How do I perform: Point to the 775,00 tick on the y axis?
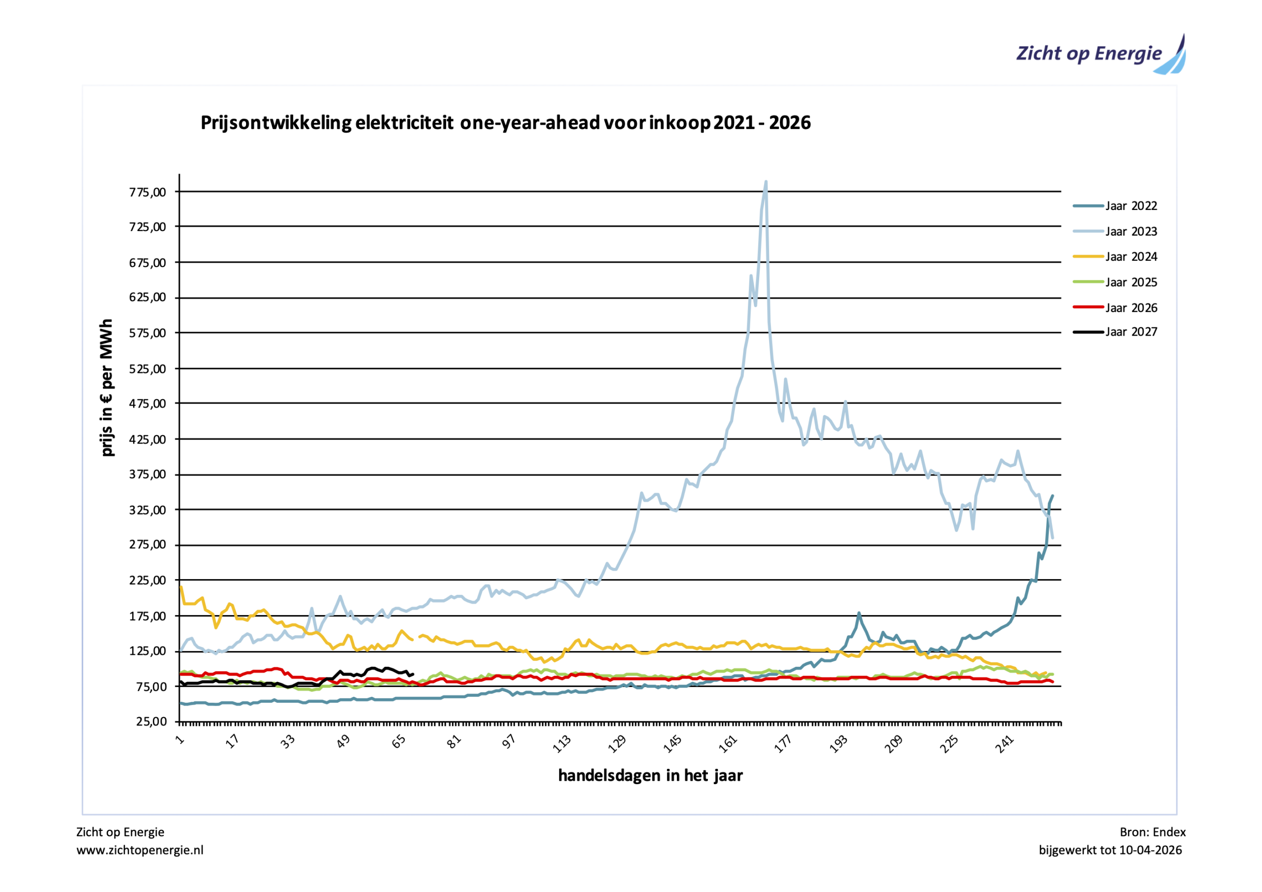click(147, 192)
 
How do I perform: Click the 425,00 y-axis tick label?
click(147, 440)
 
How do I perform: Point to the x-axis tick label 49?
click(344, 742)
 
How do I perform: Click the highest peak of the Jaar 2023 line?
click(766, 182)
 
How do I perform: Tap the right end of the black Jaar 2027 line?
click(413, 674)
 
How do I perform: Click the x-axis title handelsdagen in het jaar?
click(650, 776)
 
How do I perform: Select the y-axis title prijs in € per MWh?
click(106, 387)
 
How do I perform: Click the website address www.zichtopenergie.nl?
click(140, 850)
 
